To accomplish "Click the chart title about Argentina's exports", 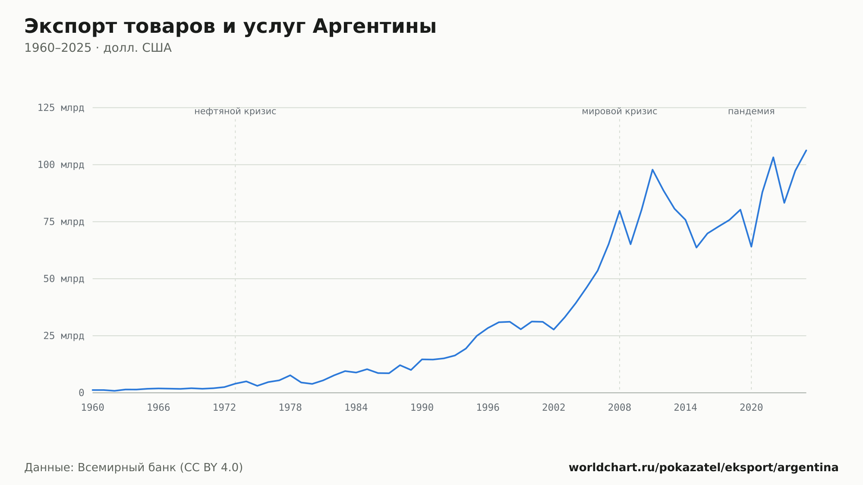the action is (230, 27).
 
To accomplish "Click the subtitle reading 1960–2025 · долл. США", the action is (98, 48).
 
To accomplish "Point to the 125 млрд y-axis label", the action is (61, 108).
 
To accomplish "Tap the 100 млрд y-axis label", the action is (61, 165).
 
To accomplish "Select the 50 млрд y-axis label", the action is (64, 279).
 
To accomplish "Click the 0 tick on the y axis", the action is (81, 393).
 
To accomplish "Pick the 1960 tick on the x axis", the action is (93, 408).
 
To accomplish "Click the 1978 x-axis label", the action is (290, 408).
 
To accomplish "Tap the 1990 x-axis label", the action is (422, 408).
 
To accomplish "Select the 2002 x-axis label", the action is (554, 408).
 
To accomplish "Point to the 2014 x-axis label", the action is (685, 408).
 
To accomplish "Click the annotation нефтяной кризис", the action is (235, 111).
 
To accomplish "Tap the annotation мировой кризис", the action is (620, 111).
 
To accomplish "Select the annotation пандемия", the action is (751, 111).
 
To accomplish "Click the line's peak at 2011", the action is (652, 170).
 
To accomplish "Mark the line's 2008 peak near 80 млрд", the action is (620, 211).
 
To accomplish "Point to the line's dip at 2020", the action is (751, 247).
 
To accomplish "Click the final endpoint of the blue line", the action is (806, 150).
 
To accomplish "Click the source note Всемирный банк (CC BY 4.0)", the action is (160, 468).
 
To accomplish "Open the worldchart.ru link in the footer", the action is (703, 468).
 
